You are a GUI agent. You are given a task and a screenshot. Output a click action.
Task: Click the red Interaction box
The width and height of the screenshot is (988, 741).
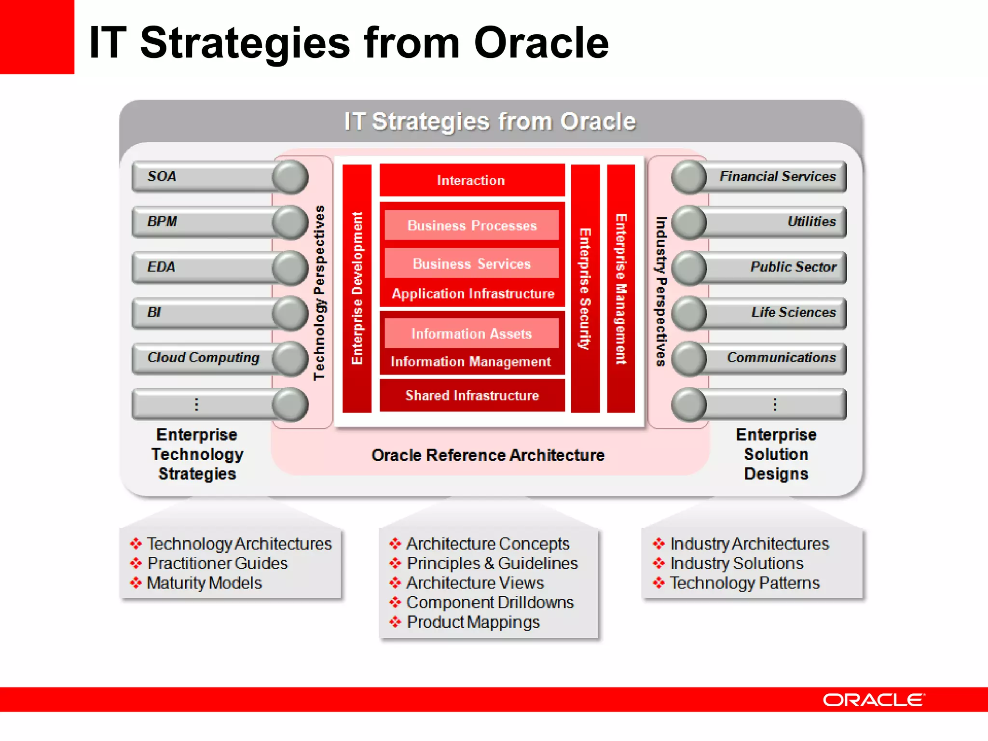click(471, 180)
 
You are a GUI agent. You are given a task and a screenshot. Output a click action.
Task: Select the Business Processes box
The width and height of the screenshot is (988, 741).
click(471, 225)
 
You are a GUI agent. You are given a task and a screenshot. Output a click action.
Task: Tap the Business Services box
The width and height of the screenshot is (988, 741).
click(471, 263)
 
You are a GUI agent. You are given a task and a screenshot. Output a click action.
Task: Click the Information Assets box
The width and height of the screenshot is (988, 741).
click(471, 333)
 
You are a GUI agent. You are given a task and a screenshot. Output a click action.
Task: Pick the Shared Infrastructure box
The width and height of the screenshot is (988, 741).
click(471, 395)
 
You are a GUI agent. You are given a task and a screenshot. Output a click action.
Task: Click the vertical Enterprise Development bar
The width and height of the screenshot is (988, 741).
click(357, 288)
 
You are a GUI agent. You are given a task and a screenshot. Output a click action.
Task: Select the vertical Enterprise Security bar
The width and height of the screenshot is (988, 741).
click(585, 288)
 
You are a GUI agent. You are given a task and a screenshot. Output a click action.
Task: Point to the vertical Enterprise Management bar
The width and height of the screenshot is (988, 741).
click(621, 288)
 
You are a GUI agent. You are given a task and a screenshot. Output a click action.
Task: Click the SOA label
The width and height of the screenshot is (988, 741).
click(162, 176)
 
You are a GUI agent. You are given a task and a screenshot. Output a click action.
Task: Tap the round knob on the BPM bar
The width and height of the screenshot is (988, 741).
click(290, 222)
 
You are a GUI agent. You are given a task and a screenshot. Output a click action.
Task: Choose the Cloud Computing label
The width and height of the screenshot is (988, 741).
click(203, 357)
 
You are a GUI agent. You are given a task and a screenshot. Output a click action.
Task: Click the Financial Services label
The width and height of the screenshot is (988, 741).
click(777, 176)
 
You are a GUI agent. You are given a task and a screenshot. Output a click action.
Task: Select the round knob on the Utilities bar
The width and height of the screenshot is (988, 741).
click(689, 222)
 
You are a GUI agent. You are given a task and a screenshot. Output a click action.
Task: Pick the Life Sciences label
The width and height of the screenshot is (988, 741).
click(793, 312)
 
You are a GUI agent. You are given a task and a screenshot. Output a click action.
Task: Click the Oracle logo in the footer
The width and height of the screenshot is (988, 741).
click(874, 700)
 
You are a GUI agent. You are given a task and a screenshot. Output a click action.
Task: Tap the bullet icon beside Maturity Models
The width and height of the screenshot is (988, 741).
click(136, 583)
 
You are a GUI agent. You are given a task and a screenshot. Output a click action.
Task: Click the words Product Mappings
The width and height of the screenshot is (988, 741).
click(473, 622)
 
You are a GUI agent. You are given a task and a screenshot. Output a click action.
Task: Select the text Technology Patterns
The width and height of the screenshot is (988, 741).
click(744, 583)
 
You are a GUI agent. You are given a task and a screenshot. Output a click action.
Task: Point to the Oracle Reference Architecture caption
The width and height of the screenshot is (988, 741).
click(488, 455)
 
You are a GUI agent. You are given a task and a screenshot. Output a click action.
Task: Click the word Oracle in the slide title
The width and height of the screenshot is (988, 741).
click(541, 43)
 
